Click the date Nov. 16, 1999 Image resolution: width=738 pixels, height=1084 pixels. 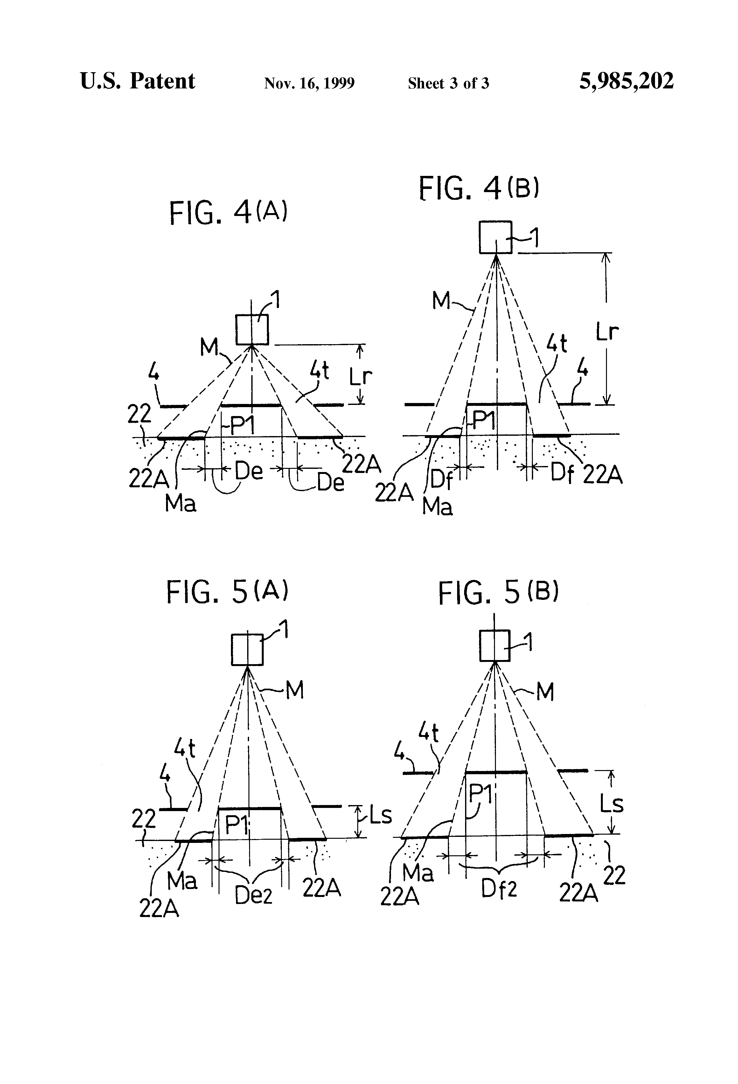tap(309, 83)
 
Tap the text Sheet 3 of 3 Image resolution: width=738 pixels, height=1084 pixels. tap(448, 83)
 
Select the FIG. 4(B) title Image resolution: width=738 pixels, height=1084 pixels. tap(479, 188)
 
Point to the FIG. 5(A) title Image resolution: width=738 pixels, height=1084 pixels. tap(227, 592)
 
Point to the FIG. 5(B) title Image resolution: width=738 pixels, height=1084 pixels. tap(498, 593)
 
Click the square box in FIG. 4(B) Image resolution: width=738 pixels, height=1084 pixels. tap(495, 237)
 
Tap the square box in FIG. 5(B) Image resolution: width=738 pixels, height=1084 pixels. tap(495, 646)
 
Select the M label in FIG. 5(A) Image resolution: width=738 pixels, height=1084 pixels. tap(294, 689)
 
